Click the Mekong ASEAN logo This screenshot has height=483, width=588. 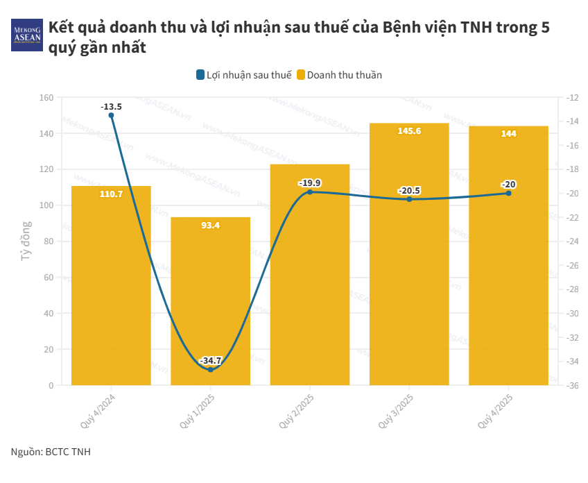(27, 34)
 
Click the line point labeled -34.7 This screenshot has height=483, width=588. (210, 369)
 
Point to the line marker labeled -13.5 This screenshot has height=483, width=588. (111, 115)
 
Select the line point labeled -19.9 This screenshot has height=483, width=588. (310, 192)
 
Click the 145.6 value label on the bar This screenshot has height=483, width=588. (409, 130)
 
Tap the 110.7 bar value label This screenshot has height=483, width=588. (111, 194)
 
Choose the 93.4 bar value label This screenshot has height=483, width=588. (210, 225)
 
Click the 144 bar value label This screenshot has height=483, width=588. (508, 133)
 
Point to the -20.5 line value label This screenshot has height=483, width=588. (409, 190)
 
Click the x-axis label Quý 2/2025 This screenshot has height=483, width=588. (297, 409)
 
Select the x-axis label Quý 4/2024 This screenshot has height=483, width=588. (98, 409)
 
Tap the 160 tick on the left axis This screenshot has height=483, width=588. (46, 98)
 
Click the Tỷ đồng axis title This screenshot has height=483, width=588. (26, 241)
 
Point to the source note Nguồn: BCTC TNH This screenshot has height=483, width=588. (51, 452)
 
